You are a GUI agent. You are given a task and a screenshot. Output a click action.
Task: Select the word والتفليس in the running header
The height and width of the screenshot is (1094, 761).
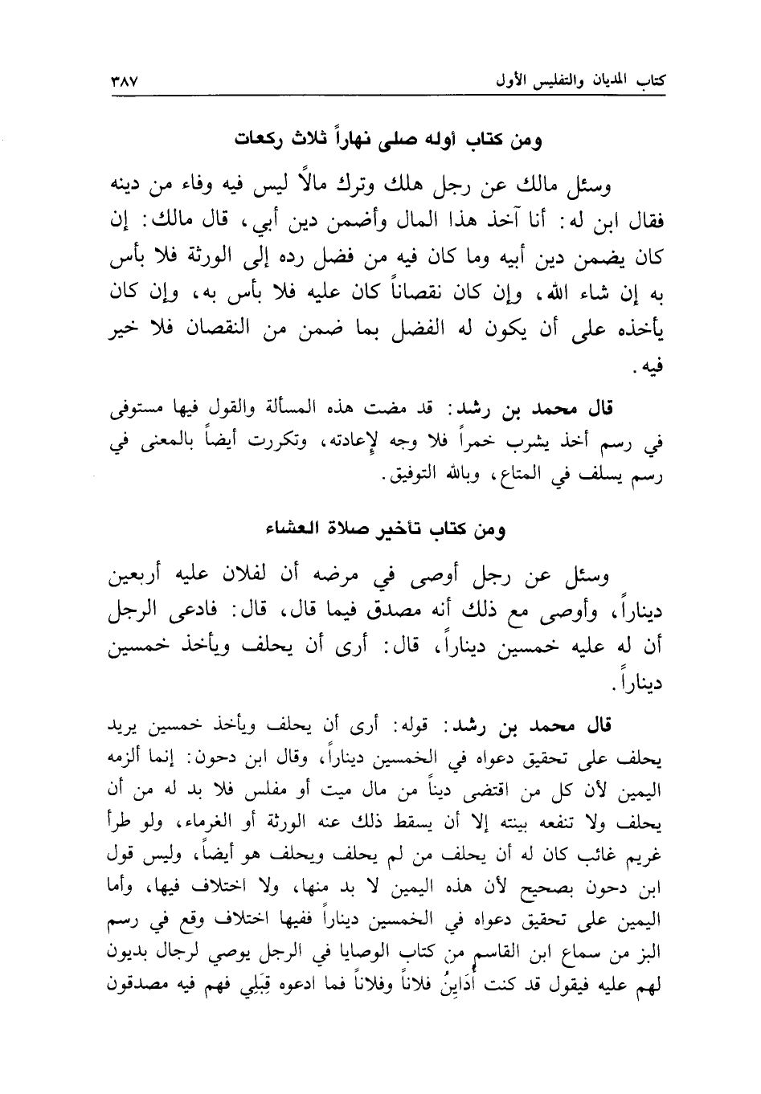[x=541, y=82]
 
